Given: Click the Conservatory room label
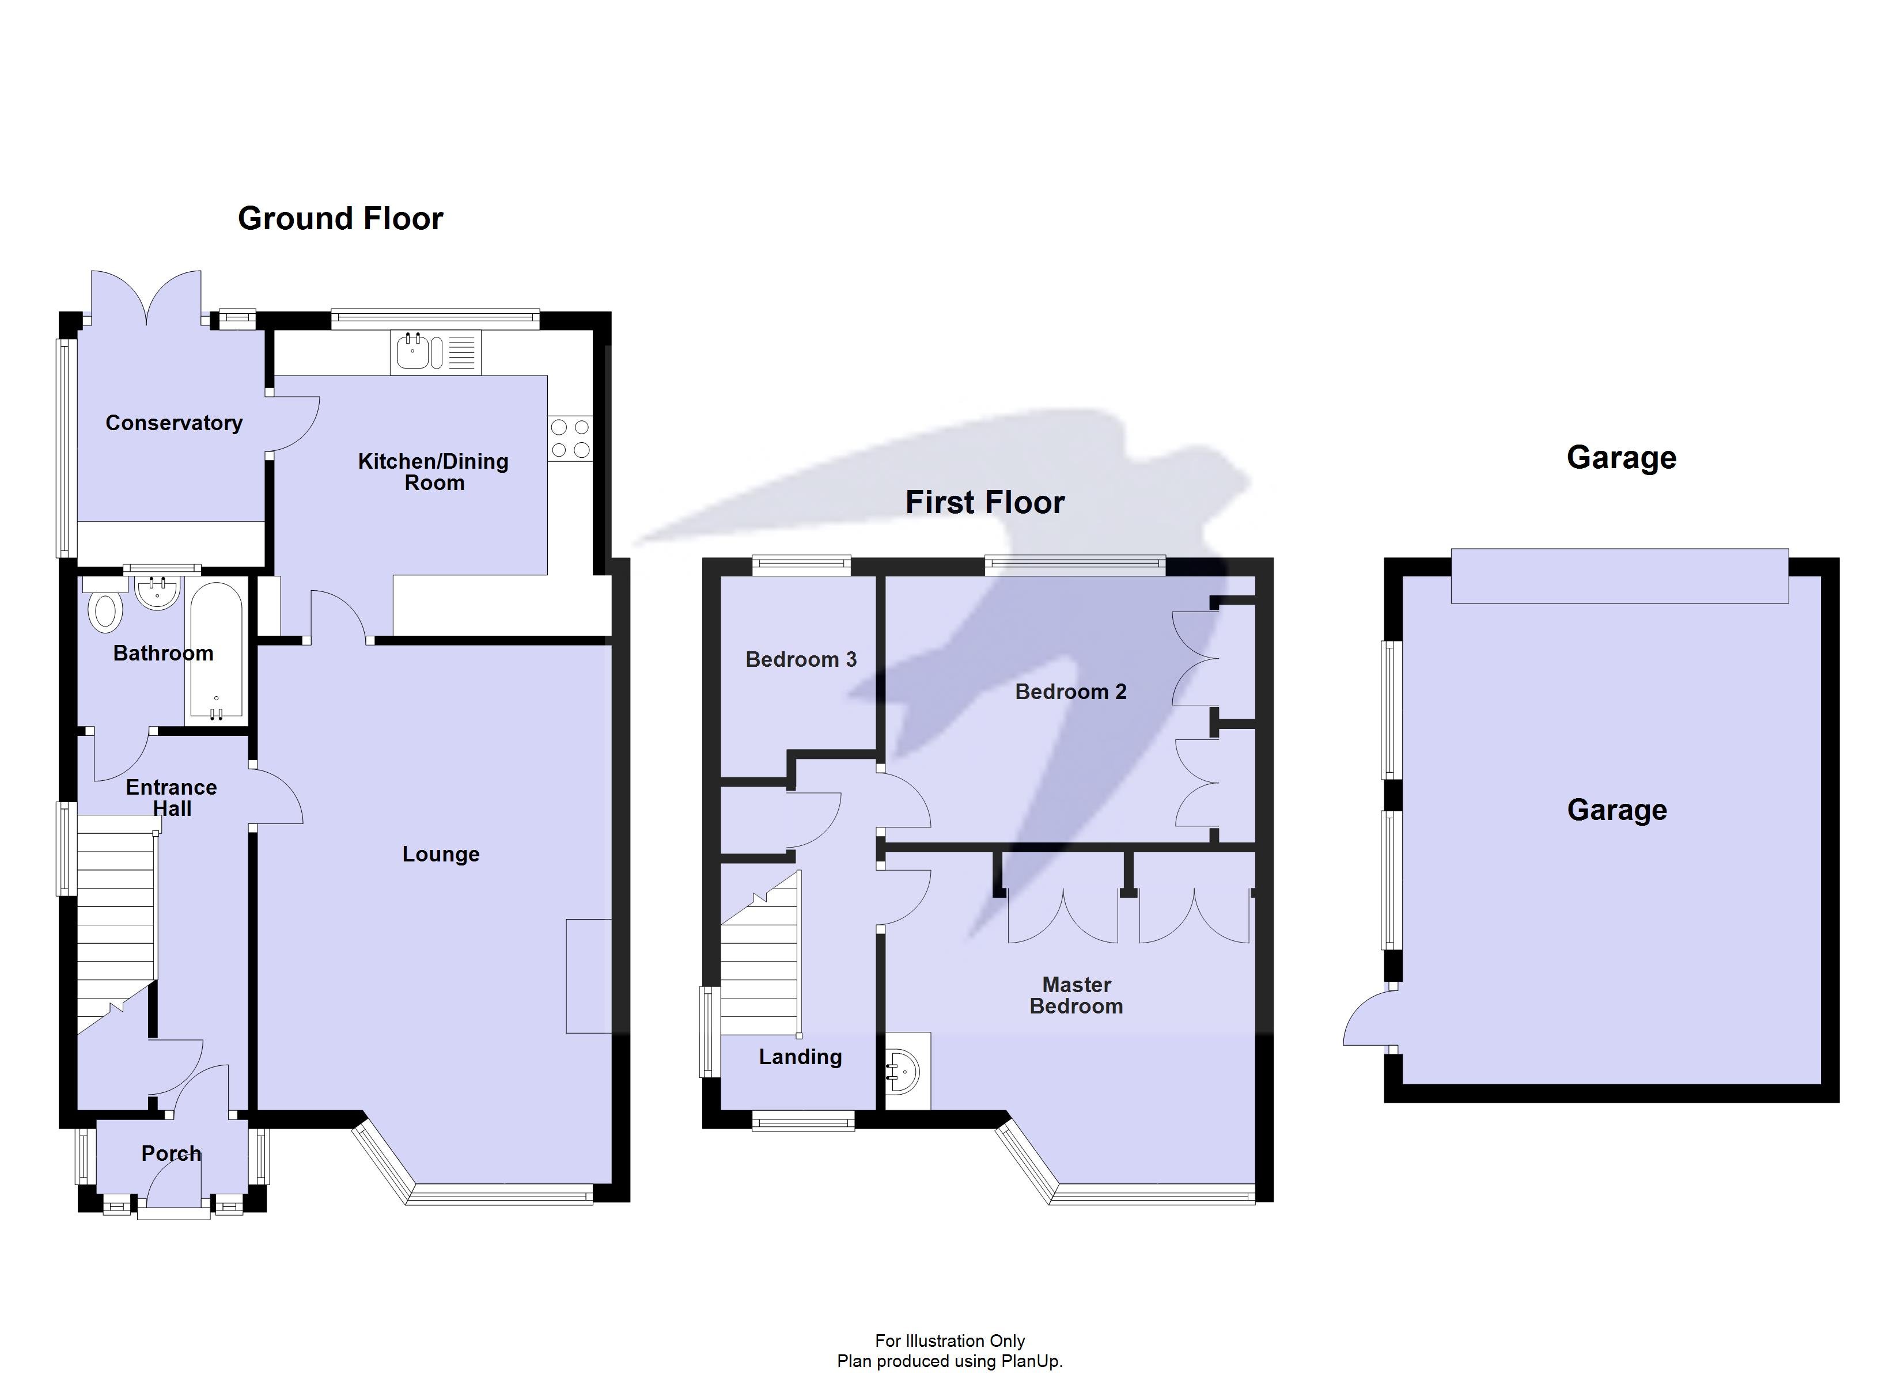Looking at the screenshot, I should coord(173,423).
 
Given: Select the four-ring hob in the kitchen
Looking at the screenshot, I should coord(570,438).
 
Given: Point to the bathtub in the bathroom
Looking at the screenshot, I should coord(216,651).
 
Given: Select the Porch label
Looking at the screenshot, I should coord(171,1154).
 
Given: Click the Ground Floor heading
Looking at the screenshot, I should coord(340,219).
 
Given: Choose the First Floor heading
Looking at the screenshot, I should coord(985,503).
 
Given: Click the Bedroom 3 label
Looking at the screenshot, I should coord(801,659).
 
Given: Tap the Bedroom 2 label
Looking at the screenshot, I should coord(1070,692).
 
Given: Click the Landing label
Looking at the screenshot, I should coord(800,1057).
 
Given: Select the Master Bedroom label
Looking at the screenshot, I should coord(1076,996).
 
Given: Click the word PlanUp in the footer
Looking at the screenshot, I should coord(1031,1362).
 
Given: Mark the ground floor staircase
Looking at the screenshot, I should coord(116,913).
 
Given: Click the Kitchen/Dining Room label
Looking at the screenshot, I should coord(433,472).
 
